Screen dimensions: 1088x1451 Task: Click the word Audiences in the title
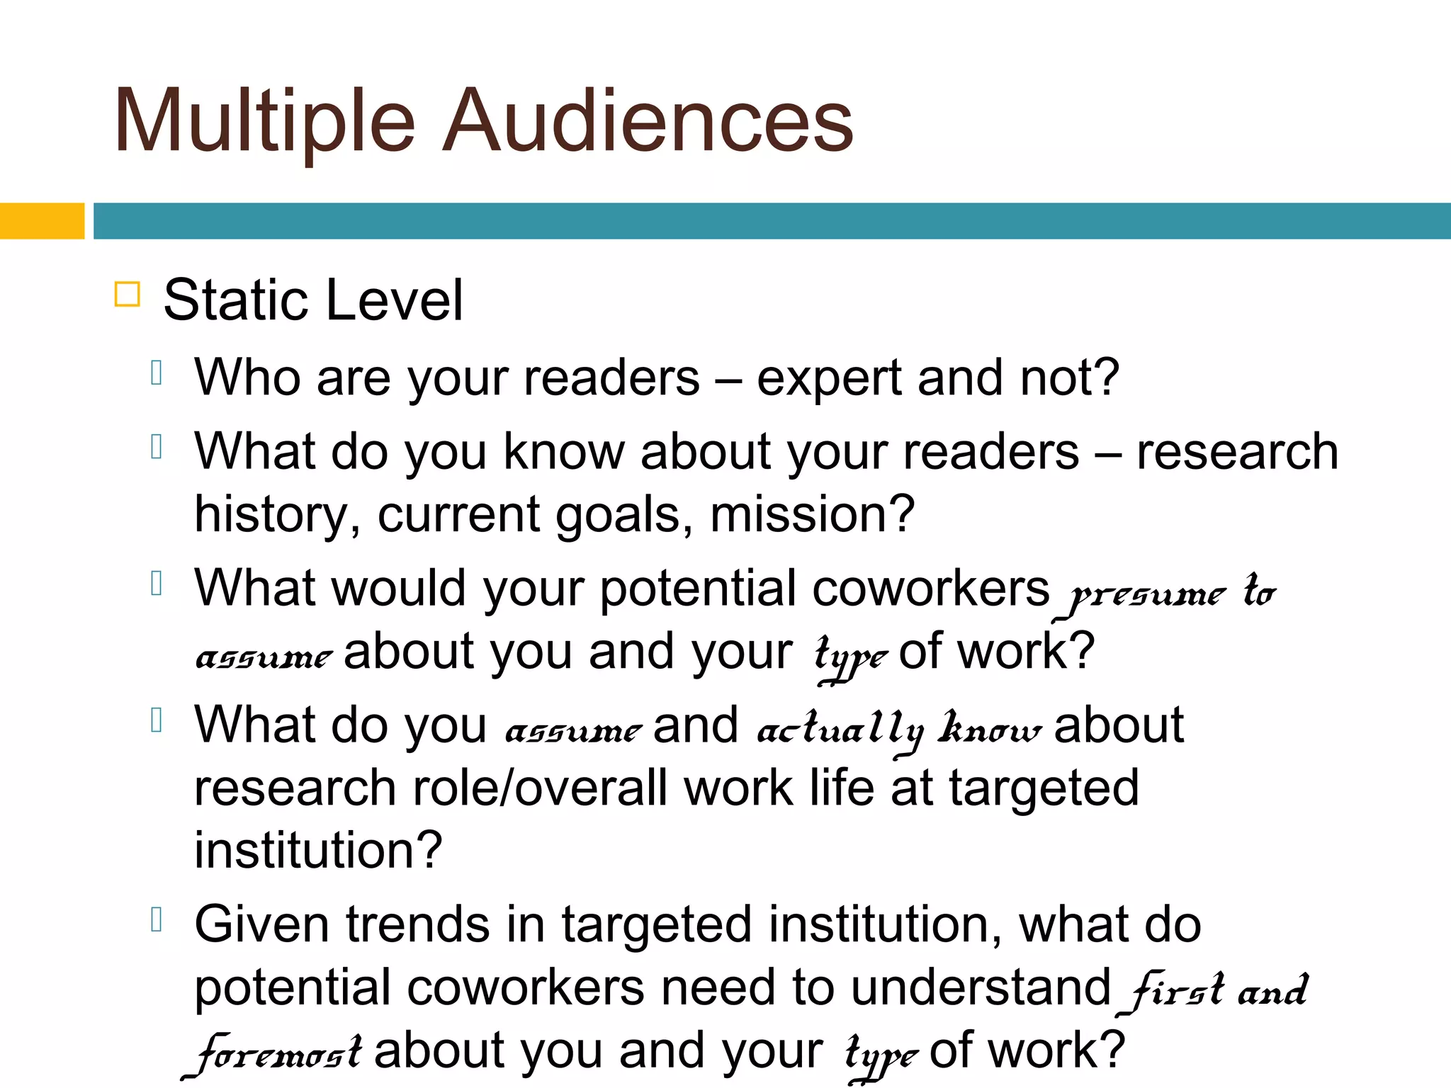[648, 120]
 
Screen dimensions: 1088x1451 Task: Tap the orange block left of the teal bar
[42, 221]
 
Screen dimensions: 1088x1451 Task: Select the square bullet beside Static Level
[128, 294]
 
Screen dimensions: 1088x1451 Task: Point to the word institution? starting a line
[318, 850]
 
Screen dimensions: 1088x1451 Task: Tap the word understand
[981, 988]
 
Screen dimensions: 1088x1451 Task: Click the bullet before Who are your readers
[157, 373]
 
